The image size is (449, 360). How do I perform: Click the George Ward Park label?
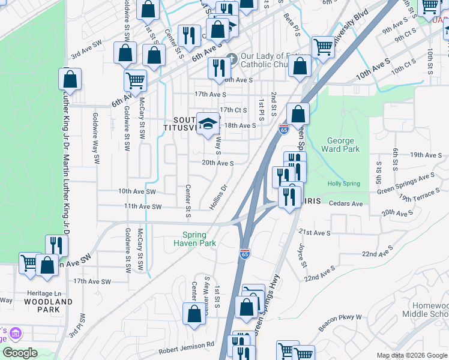340,145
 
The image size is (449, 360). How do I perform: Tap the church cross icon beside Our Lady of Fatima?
232,60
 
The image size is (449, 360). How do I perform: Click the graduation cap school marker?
208,124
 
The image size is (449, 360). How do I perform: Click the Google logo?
19,353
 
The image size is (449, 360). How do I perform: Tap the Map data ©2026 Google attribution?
411,355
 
